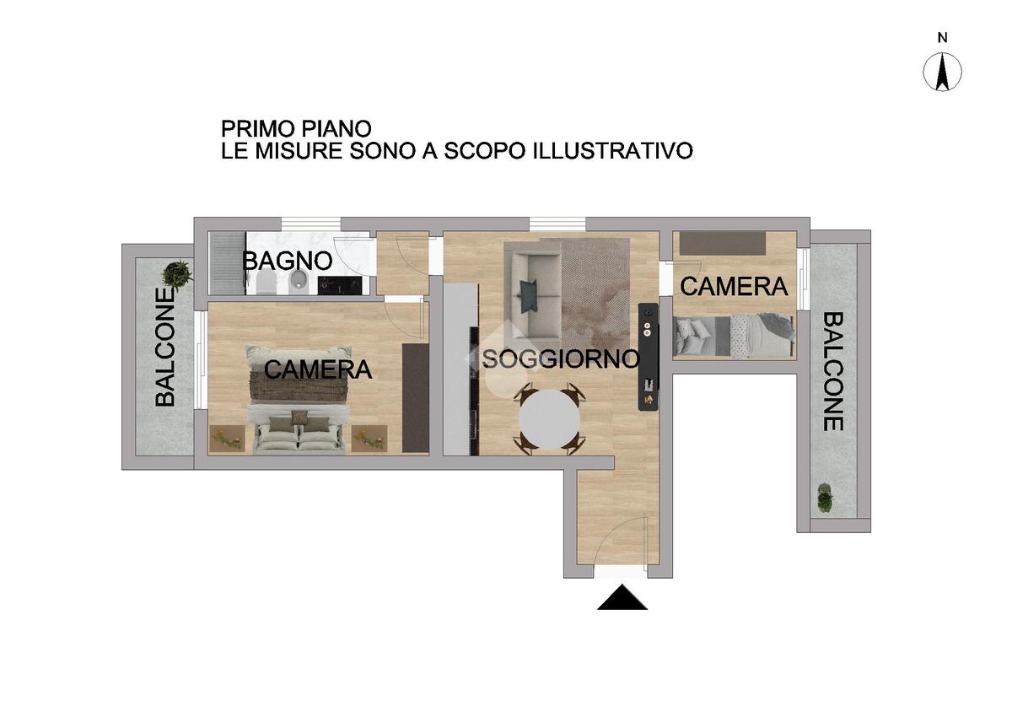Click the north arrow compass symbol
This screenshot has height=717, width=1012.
click(942, 73)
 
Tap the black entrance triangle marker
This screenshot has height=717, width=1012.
click(622, 597)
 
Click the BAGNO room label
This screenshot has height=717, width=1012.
click(288, 261)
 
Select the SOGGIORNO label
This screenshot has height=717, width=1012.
click(561, 359)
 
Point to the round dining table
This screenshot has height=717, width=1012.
click(549, 419)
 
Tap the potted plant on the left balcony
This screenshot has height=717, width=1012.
click(177, 274)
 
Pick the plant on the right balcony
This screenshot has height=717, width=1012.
click(825, 498)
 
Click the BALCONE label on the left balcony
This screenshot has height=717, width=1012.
click(165, 348)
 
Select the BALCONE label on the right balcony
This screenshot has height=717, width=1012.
click(832, 371)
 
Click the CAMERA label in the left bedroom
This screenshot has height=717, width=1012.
click(318, 369)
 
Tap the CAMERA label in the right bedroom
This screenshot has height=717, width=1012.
click(734, 287)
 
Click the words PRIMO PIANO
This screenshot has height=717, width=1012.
click(296, 129)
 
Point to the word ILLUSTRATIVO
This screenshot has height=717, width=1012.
click(613, 150)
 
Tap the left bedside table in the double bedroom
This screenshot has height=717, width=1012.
click(227, 439)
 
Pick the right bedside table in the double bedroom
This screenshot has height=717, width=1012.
click(369, 439)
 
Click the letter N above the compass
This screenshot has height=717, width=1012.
click(943, 38)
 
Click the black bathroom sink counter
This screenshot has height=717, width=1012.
click(340, 286)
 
